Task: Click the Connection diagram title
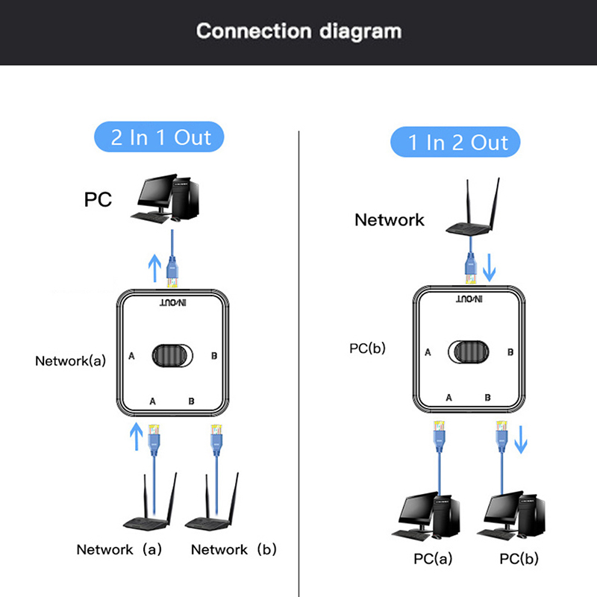[x=298, y=31]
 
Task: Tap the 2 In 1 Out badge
[x=160, y=137]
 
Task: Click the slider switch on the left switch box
[x=175, y=356]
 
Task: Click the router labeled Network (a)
[x=148, y=507]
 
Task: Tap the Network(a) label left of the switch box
[x=71, y=360]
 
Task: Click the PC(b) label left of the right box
[x=368, y=348]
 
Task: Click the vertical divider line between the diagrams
[x=299, y=358]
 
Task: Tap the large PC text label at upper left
[x=99, y=200]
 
